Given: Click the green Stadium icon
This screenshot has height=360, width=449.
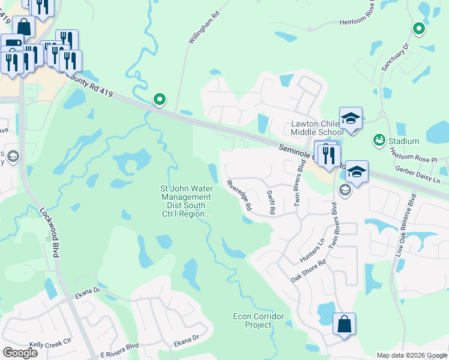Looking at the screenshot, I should click(378, 140).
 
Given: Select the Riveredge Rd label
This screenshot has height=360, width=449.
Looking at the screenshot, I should click(239, 194).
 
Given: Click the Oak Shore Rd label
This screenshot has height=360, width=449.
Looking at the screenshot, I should click(308, 271).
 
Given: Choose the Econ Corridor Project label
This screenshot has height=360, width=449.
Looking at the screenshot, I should click(252, 320).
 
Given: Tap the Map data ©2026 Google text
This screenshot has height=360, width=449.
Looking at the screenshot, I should click(411, 355).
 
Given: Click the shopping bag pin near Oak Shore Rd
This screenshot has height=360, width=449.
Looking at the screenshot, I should click(344, 325).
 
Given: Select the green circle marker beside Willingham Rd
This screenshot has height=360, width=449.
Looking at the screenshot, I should click(159, 100).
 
